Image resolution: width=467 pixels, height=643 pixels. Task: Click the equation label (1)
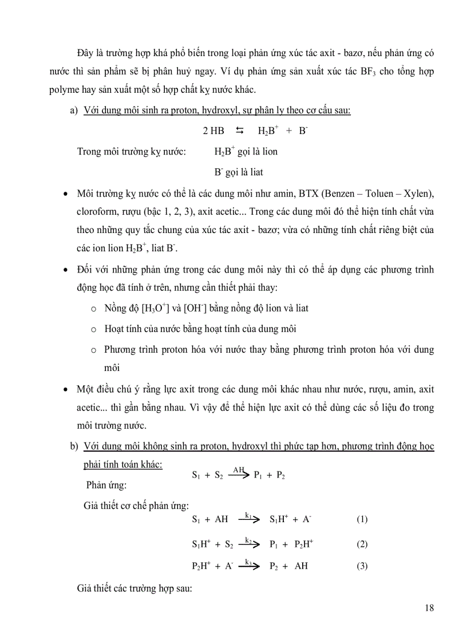pos(362,519)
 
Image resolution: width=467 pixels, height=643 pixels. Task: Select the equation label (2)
pos(362,544)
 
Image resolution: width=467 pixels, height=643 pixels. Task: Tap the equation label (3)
pos(362,566)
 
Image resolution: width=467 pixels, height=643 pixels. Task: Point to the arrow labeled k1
pos(249,519)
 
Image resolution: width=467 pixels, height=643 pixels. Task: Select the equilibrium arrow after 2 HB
pos(239,131)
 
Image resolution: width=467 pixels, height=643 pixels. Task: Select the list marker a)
pos(73,111)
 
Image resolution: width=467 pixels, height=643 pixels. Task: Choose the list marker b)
pos(73,446)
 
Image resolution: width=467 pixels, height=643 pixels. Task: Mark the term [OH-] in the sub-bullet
pos(196,308)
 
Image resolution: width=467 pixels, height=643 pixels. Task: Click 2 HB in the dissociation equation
pos(213,131)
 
